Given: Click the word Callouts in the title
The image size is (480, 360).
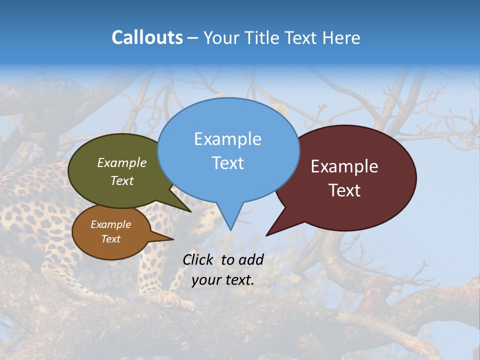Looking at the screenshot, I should coord(147,37).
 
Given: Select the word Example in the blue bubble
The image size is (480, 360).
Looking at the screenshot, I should coord(228,139).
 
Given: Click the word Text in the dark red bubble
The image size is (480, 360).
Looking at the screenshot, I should coord(345,190).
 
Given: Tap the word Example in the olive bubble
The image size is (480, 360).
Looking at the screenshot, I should coord(122,162).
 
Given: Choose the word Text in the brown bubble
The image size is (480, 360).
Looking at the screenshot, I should coord(111,239).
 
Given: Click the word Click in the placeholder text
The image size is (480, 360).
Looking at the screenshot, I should coord(197,260).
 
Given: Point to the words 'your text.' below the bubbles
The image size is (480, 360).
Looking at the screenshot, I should coord(223,280).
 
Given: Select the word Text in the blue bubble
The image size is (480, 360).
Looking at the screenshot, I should coord(228,163).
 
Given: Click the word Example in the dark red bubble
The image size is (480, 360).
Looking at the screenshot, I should coord(345,166).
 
